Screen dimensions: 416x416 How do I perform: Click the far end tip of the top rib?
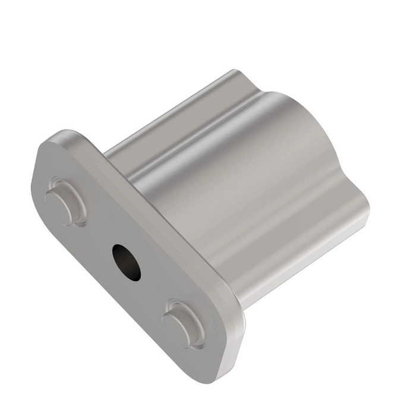tap(234, 75)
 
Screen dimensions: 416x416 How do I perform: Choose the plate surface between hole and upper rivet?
tap(95, 232)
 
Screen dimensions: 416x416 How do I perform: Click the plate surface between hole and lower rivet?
tap(152, 291)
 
